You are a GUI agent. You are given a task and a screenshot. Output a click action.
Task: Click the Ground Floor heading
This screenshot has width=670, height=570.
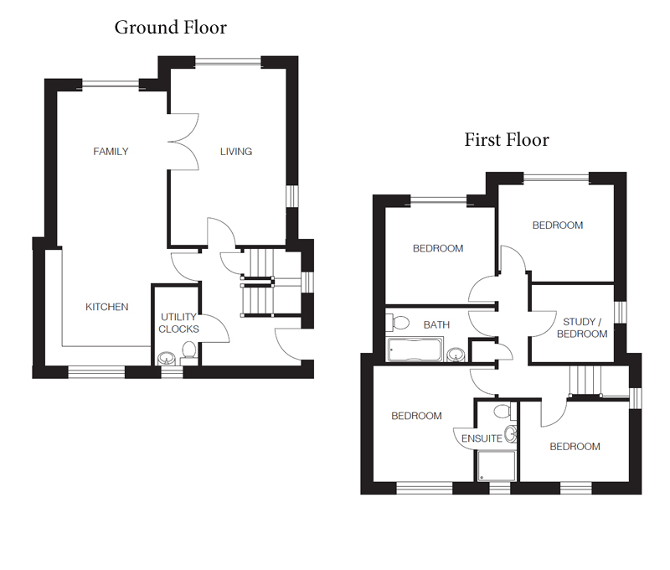(171, 28)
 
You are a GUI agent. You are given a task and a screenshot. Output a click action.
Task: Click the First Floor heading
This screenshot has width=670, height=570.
(507, 140)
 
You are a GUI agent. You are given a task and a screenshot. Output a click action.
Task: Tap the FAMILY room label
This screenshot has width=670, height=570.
(111, 152)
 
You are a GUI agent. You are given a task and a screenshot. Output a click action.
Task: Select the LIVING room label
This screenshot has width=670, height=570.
(236, 152)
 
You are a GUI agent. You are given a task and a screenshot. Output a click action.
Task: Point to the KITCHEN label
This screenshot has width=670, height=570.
(107, 307)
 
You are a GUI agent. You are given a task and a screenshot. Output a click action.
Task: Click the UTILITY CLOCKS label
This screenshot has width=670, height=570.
(178, 323)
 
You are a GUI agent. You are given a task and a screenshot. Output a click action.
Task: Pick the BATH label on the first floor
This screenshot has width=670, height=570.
(436, 325)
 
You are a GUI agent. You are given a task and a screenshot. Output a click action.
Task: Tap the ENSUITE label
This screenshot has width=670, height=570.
(482, 438)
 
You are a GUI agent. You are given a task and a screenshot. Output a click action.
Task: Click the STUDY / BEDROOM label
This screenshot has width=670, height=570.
(582, 328)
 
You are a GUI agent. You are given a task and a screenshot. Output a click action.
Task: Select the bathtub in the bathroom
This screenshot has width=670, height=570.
(415, 350)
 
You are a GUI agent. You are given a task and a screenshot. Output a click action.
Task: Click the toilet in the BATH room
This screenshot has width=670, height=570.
(397, 323)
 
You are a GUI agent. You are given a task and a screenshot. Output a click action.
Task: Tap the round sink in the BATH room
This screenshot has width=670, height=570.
(456, 355)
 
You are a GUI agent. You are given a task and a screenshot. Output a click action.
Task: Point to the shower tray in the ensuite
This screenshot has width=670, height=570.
(496, 466)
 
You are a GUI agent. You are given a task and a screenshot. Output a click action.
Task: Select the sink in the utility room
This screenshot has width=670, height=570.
(166, 358)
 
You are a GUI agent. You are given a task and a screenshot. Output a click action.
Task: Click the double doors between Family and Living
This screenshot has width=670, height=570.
(183, 142)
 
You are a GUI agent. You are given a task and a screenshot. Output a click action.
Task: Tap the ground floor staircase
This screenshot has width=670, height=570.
(258, 282)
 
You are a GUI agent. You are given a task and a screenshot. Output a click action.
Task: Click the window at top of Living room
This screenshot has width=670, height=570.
(228, 62)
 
